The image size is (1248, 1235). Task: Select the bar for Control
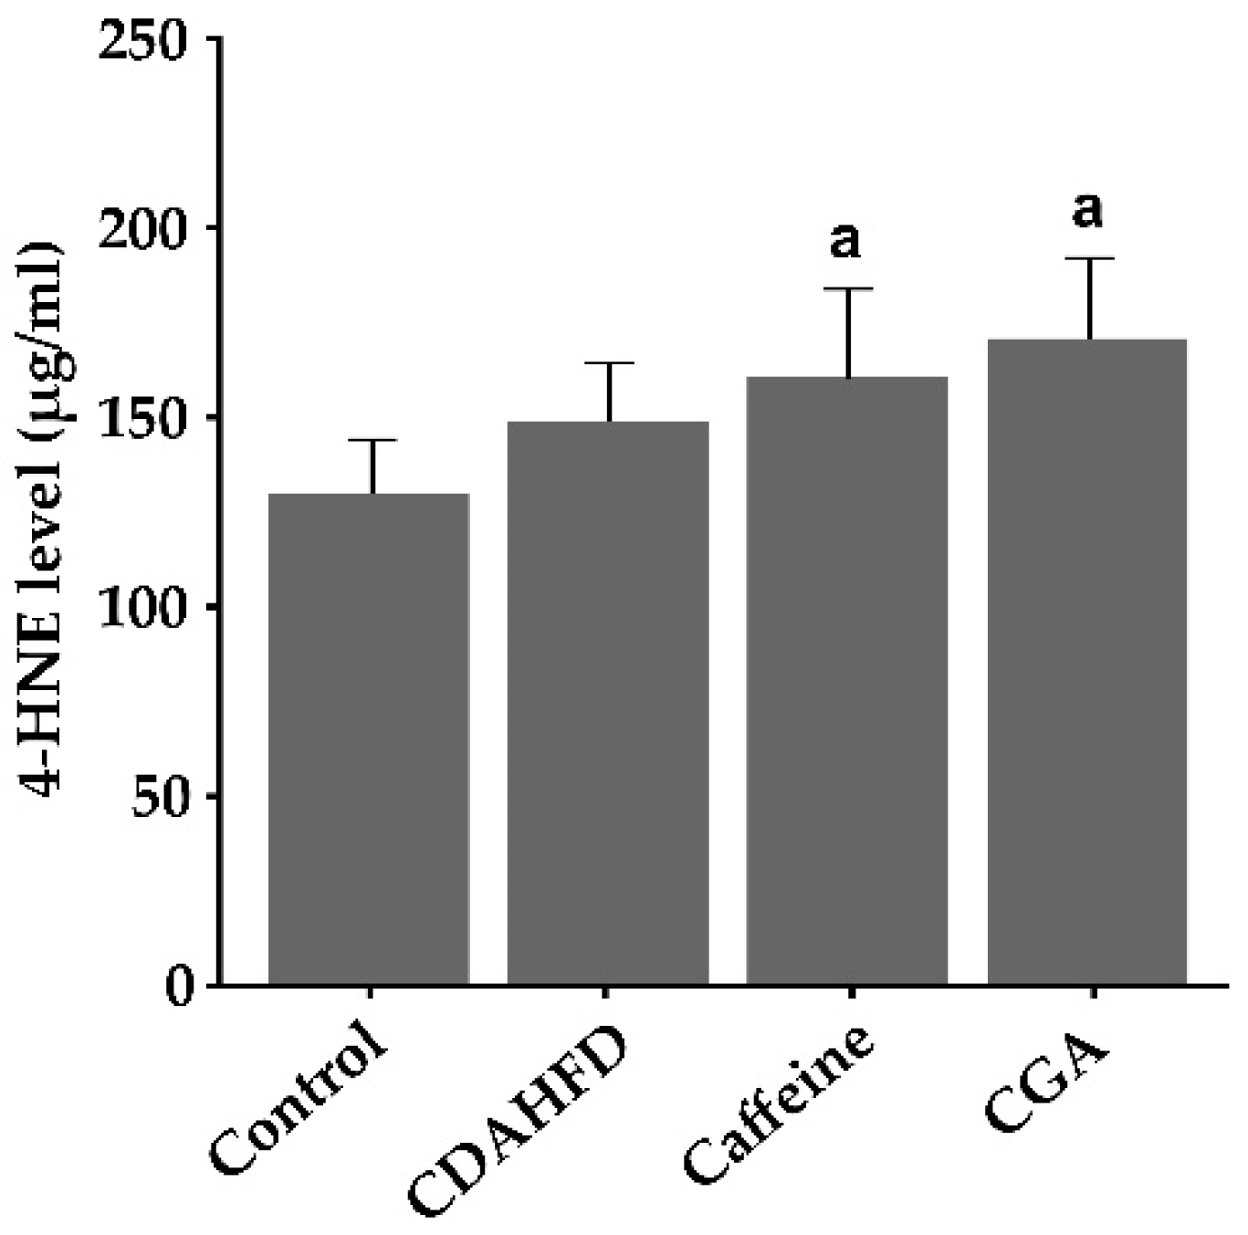pos(369,739)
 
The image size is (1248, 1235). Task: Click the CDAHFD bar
pos(608,703)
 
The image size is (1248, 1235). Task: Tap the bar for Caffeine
pos(847,680)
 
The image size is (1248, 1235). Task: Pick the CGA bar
pos(1087,662)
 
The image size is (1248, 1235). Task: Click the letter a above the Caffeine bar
pos(845,241)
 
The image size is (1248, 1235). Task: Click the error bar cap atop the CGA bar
pos(1088,259)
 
